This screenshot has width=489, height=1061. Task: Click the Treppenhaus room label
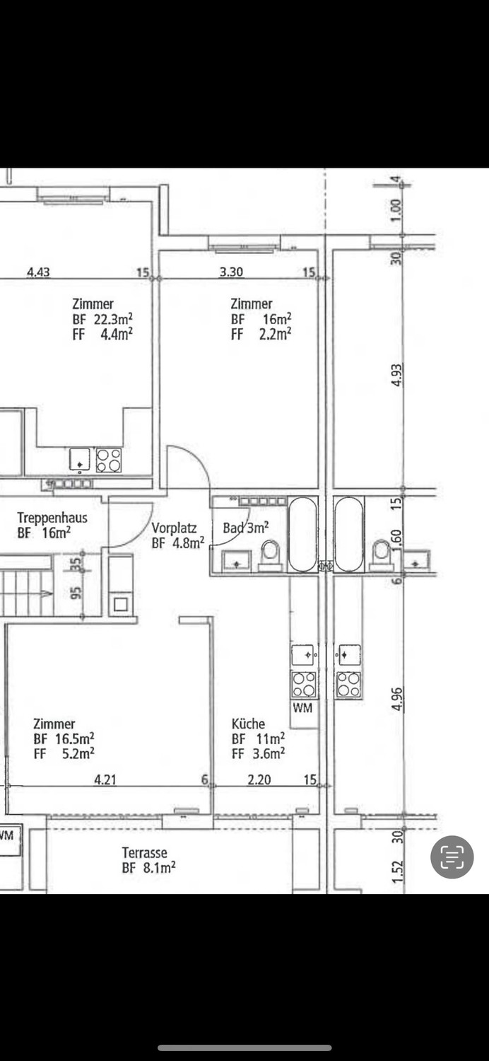point(52,517)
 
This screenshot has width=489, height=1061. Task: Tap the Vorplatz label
point(174,528)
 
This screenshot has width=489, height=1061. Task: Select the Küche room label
point(248,724)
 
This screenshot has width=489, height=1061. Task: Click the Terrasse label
point(144,852)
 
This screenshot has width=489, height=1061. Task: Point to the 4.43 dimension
point(38,272)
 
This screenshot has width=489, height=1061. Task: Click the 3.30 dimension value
point(232,272)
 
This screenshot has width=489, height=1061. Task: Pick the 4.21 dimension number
point(105,779)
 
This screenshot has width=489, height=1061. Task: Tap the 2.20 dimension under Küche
point(259,779)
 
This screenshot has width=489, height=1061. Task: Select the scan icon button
point(452,857)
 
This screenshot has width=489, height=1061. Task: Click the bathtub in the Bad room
point(302,534)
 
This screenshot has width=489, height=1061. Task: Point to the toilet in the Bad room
point(271,556)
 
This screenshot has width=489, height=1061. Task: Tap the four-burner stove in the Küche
point(304,685)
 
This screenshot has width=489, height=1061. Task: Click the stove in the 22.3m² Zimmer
point(108,460)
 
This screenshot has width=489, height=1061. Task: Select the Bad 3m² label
point(246,527)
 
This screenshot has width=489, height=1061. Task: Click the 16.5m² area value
point(75,738)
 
